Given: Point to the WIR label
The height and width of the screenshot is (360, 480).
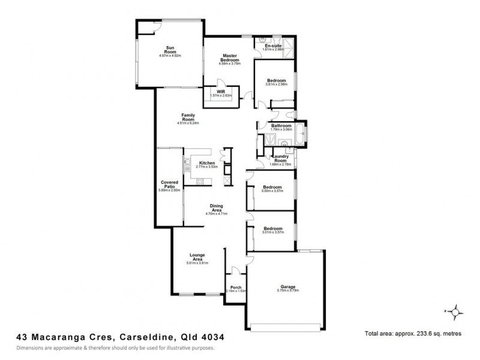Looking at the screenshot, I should click(221, 91).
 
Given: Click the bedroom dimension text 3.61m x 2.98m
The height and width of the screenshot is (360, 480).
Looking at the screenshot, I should click(277, 85).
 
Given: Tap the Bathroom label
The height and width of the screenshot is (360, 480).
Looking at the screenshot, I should click(281, 125).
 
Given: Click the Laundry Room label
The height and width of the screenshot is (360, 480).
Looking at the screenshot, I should click(281, 159).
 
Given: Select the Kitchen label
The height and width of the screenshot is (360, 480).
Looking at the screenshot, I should click(207, 163).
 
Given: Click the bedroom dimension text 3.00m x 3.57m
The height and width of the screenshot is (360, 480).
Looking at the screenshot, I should click(272, 190).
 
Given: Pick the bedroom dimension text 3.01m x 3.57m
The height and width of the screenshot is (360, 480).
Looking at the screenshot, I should click(272, 232).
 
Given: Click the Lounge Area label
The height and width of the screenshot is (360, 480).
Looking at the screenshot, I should click(197, 257).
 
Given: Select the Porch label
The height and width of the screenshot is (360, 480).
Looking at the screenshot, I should click(236, 287).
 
